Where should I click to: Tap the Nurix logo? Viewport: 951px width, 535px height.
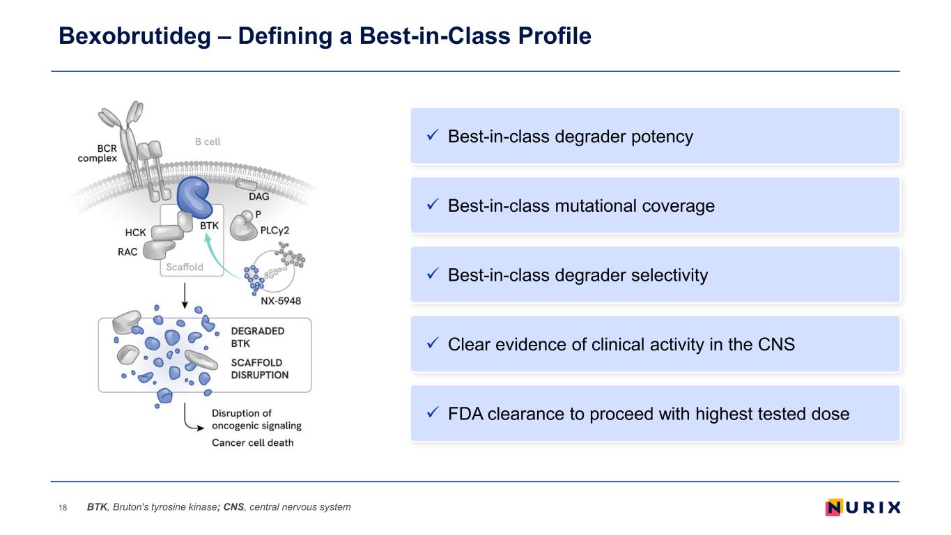(863, 507)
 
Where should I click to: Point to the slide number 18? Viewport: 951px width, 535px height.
(63, 508)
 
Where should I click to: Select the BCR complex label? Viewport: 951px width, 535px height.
(97, 153)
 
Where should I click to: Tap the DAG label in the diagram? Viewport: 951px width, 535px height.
(258, 196)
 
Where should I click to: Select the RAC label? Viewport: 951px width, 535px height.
(127, 252)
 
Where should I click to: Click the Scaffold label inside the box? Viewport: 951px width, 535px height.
(185, 267)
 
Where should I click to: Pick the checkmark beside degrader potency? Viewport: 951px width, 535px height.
(432, 136)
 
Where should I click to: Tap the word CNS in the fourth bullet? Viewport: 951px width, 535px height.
(775, 344)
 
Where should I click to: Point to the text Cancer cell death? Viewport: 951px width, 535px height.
(252, 443)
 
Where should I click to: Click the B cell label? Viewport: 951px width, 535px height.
(207, 141)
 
